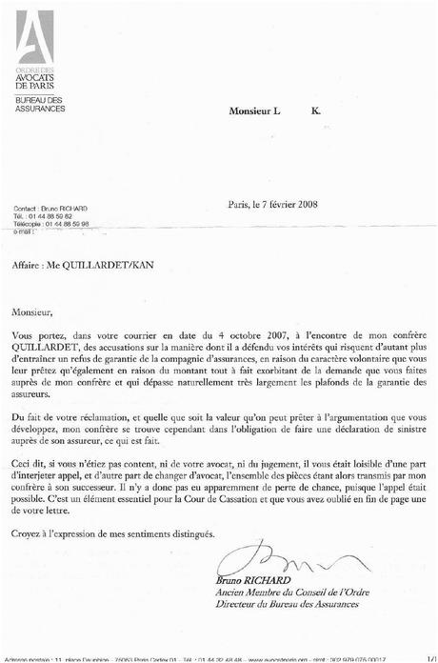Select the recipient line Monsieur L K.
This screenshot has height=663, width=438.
point(275,111)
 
